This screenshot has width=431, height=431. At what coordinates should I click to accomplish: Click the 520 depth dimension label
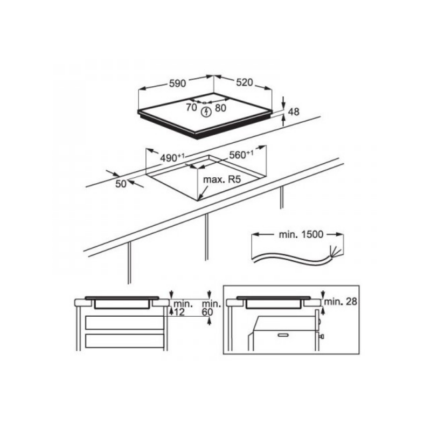(x=244, y=83)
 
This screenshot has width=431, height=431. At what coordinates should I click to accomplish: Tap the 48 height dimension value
(x=294, y=112)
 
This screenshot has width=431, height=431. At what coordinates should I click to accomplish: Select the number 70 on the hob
(x=191, y=107)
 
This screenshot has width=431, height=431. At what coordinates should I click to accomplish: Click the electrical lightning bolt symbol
(x=205, y=112)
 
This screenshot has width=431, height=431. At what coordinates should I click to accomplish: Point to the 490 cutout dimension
(x=172, y=158)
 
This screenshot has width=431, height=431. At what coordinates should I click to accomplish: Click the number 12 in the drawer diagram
(x=178, y=312)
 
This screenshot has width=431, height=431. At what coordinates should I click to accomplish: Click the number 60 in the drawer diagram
(x=208, y=312)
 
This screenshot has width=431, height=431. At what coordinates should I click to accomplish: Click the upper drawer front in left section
(x=124, y=323)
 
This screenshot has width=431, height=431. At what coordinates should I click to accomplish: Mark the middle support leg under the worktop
(x=206, y=237)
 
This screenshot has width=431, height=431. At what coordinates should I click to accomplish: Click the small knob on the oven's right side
(x=322, y=336)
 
